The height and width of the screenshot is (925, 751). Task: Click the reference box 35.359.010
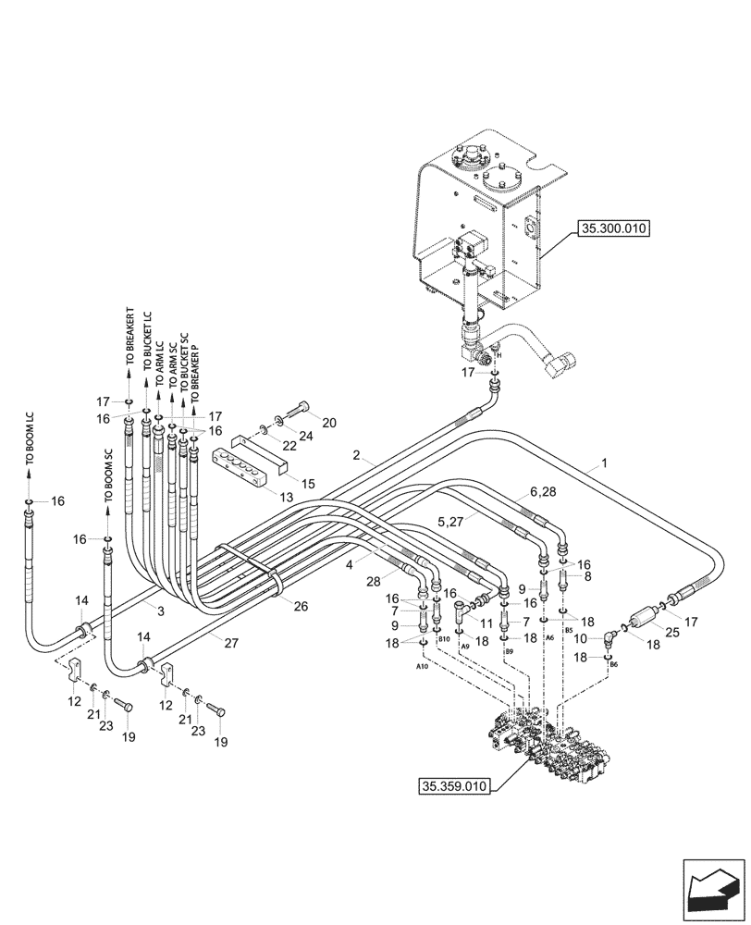tap(451, 786)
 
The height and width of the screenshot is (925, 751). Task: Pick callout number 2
tap(355, 455)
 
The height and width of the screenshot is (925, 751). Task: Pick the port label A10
tap(422, 666)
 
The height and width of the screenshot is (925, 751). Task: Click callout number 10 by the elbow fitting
tap(581, 637)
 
